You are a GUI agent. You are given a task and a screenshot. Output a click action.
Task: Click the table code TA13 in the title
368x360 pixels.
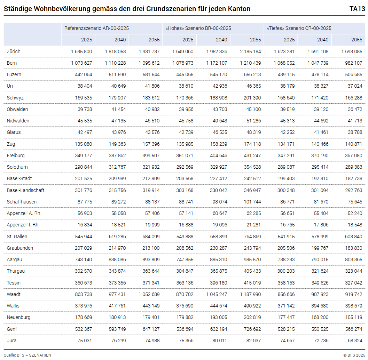[x=357, y=9]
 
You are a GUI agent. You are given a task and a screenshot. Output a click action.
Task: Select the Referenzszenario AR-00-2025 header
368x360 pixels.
[x=96, y=29]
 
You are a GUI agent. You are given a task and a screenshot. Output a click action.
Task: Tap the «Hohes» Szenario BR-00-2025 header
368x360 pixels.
[x=198, y=29]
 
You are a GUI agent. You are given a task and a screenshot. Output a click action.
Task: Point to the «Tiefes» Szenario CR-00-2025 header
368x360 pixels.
[x=299, y=29]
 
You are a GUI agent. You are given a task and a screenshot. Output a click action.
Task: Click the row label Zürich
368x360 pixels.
[x=14, y=51]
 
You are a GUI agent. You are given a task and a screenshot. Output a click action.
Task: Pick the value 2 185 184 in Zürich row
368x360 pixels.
[x=250, y=51]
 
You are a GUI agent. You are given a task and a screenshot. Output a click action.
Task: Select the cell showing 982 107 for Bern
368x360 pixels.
[x=353, y=63]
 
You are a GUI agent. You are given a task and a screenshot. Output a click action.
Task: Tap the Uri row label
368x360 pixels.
[x=10, y=86]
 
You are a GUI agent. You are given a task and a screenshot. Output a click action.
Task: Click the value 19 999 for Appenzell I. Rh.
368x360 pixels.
[x=152, y=225]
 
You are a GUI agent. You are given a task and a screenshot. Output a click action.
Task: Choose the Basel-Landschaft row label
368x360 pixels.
[x=25, y=190]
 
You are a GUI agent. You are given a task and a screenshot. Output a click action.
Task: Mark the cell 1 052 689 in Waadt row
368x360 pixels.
[x=149, y=294]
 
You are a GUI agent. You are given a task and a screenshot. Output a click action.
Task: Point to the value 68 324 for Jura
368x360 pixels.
[x=355, y=341]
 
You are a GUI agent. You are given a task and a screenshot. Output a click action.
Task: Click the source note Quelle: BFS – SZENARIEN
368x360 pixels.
[x=28, y=355]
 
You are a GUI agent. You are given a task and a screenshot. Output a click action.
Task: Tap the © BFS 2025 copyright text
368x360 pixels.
[x=354, y=355]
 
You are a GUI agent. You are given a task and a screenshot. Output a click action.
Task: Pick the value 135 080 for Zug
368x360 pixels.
[x=84, y=144]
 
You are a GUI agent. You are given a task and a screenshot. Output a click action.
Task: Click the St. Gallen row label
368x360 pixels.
[x=17, y=237]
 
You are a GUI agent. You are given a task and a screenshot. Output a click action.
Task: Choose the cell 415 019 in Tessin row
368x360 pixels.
[x=252, y=283]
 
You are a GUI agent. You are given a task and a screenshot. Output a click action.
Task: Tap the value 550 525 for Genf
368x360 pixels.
[x=320, y=329]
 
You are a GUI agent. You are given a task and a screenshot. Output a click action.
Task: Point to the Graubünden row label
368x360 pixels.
[x=20, y=248]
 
